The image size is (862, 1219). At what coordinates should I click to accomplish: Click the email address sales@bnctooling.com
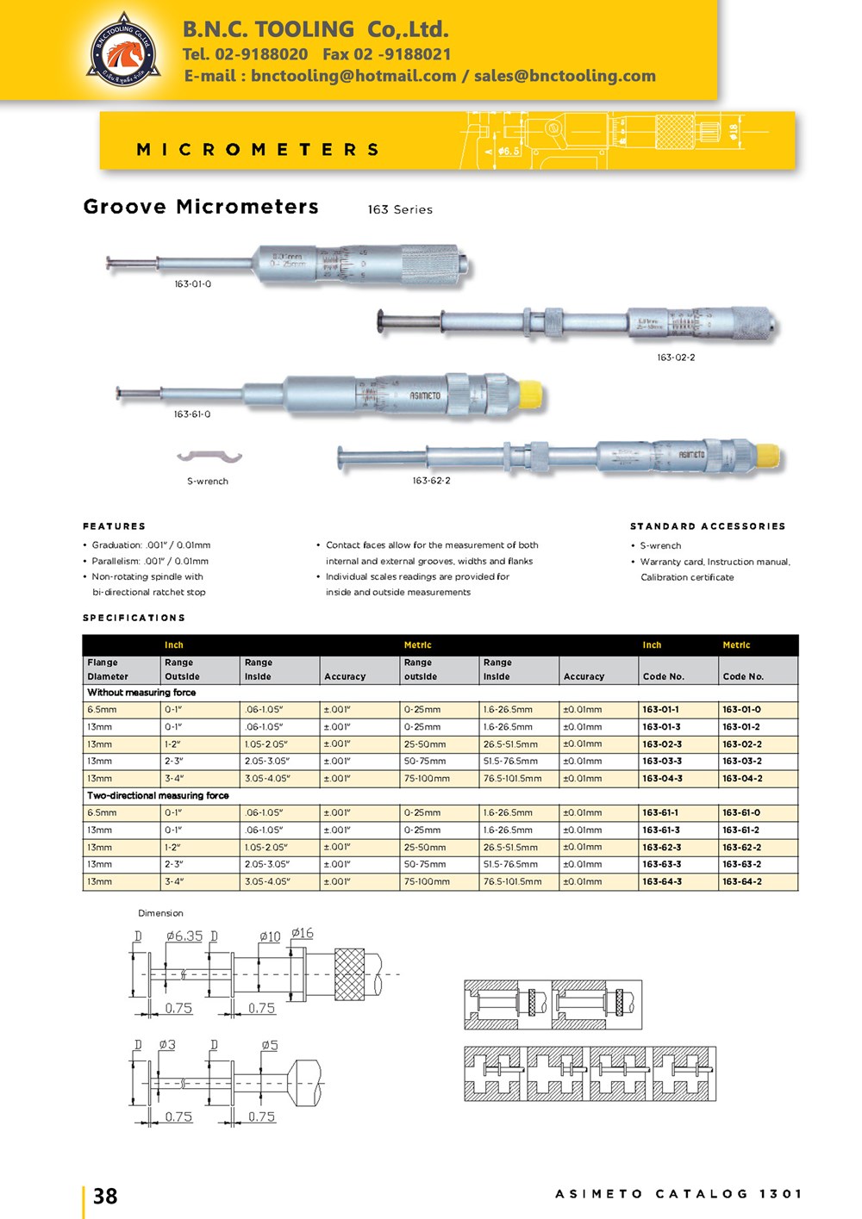tap(565, 76)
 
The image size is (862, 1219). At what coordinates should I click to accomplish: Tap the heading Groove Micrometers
tap(201, 207)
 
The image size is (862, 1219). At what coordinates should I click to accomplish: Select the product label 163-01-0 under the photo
tap(192, 284)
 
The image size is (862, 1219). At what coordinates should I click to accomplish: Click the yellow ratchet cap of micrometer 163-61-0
tap(529, 394)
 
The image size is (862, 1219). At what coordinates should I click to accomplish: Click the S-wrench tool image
tap(209, 457)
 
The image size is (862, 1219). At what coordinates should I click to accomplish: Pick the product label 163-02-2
tap(676, 358)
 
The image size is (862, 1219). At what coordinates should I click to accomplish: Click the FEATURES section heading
tap(114, 526)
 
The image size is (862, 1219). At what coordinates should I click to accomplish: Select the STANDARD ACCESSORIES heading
tap(708, 526)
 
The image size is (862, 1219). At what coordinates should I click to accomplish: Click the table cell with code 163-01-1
tap(660, 710)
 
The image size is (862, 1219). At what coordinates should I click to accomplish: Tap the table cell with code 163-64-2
tap(742, 882)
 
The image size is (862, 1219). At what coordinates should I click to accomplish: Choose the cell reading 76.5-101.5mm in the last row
tap(513, 882)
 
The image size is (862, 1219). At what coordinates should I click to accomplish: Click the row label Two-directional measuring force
tap(158, 796)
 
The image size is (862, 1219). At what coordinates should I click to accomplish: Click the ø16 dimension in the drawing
tap(303, 934)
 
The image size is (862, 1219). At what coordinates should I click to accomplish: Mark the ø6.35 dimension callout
tap(184, 936)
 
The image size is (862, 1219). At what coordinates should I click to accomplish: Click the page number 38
tap(105, 1196)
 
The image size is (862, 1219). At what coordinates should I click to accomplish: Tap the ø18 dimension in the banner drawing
tap(734, 132)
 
